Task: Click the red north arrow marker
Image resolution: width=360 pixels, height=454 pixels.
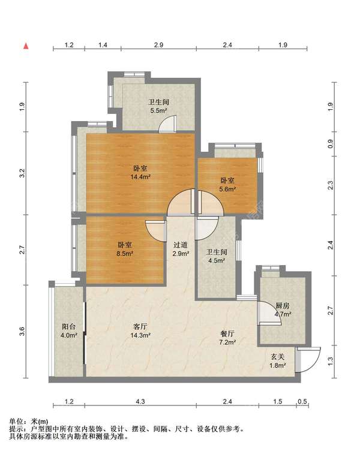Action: coord(26,46)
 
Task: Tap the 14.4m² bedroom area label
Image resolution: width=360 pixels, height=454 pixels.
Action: coord(140,173)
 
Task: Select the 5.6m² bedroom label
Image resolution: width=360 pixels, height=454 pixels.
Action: coord(227,185)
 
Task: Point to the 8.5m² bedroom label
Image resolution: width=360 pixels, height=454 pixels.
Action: coord(125,249)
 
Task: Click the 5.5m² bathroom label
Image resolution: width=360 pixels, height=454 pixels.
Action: coord(158,106)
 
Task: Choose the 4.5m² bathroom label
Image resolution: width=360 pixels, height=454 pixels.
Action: coord(217,256)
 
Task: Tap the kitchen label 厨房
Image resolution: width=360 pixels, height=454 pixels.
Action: coord(283,306)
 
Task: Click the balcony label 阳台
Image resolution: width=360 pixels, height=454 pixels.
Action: coord(68,327)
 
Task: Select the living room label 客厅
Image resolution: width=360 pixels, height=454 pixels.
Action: coord(140,327)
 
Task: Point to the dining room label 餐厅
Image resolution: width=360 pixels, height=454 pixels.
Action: coord(227,334)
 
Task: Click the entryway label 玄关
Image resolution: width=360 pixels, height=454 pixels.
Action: coord(277,357)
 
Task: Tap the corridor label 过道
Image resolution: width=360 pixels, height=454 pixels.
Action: coord(181,245)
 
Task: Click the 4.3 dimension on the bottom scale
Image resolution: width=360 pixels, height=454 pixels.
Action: coord(140,401)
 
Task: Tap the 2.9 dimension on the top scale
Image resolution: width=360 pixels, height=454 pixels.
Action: coord(158,45)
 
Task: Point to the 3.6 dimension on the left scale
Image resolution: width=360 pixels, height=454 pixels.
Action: coord(22,332)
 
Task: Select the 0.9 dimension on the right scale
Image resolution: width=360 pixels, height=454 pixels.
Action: coord(331,144)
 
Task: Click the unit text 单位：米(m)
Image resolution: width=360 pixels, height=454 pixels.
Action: coord(29,422)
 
